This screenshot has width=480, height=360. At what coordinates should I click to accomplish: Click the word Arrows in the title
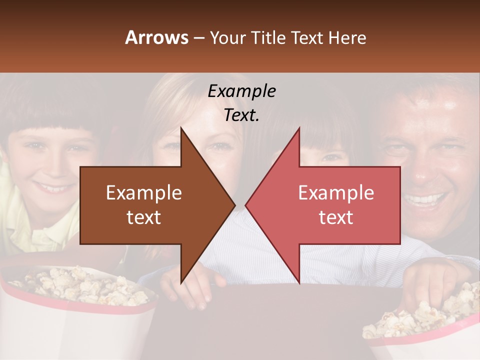pos(156,37)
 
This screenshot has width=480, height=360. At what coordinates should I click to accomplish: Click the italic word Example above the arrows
pos(241,91)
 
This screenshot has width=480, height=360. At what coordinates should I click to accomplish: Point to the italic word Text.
pos(241,115)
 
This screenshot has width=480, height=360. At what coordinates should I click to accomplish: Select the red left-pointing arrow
pos(330,205)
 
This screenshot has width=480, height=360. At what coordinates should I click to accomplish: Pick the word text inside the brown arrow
pos(143,217)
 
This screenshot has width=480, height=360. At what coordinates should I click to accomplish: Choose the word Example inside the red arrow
pos(336,192)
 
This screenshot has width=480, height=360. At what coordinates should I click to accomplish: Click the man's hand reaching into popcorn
pos(430,280)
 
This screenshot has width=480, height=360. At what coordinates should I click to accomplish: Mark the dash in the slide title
pos(198,38)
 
